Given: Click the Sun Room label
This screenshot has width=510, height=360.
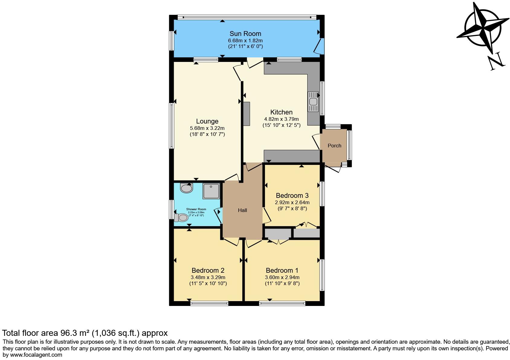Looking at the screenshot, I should (245, 34).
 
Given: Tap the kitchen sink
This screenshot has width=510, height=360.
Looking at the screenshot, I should (313, 101).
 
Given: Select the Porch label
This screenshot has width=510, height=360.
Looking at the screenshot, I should (334, 146).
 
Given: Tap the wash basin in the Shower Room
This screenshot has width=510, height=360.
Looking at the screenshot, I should (186, 188).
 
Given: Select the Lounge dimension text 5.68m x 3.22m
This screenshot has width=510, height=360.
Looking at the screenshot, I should (207, 128).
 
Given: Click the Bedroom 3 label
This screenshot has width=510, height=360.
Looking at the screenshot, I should (292, 195).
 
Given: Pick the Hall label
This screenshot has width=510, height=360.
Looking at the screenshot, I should (242, 210).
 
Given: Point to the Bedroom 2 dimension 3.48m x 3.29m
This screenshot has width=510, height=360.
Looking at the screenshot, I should (208, 277).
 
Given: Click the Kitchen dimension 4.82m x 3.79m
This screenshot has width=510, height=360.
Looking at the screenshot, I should (281, 119).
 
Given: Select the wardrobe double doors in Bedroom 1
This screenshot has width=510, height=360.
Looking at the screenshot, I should (278, 241).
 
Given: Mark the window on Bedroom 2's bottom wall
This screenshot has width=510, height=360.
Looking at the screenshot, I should (209, 303).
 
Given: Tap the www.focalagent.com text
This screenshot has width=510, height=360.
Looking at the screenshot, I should (37, 355).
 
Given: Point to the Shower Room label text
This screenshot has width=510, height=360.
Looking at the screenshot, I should (196, 209).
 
